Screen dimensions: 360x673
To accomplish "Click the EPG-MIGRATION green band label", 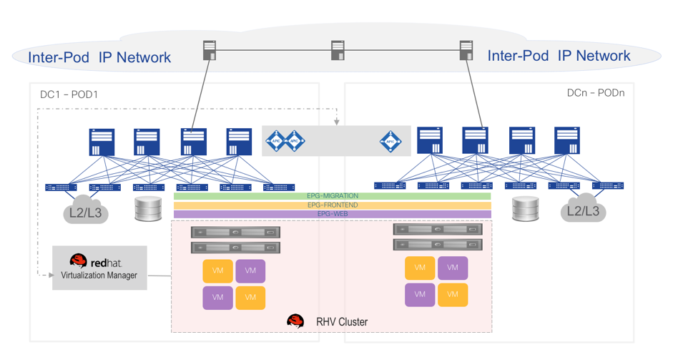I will [x=333, y=196].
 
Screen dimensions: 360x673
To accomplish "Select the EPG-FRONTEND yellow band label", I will [x=333, y=205].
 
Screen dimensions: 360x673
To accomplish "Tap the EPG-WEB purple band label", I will [x=333, y=214].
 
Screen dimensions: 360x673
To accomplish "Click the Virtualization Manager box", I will [x=99, y=268].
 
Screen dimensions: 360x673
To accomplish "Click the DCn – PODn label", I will [x=595, y=93].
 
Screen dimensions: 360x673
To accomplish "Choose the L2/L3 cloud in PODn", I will [x=583, y=210].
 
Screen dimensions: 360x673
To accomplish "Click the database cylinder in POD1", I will [x=148, y=208].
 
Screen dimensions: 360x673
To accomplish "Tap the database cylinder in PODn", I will [x=526, y=209].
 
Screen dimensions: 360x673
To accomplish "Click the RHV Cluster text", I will [x=342, y=322].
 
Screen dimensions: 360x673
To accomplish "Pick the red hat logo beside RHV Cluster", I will [x=295, y=321].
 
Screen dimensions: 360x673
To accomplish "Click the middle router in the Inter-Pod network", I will [x=338, y=50].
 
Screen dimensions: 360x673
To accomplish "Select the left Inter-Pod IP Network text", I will [x=99, y=58].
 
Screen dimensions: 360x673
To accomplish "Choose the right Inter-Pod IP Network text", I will [x=559, y=56].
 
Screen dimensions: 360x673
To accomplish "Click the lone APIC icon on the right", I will [x=390, y=141].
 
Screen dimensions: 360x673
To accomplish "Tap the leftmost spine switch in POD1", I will [x=102, y=142].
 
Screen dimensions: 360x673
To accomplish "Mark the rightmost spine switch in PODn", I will [x=566, y=141].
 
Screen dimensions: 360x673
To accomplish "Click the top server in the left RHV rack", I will [x=235, y=233].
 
